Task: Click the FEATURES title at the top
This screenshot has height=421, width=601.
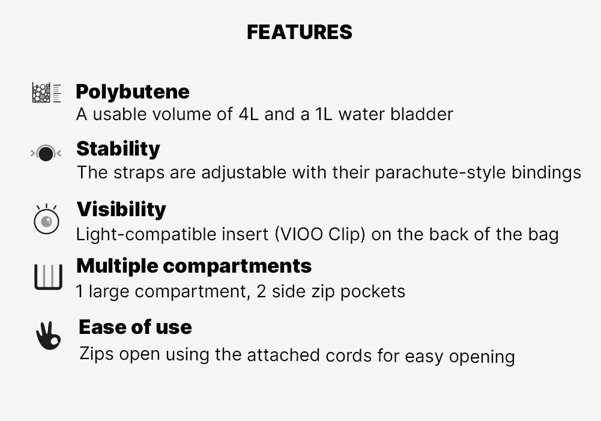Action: click(300, 32)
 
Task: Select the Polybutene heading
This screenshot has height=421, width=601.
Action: click(133, 92)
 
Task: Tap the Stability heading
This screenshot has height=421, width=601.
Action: click(118, 149)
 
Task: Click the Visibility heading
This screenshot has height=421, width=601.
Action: click(121, 210)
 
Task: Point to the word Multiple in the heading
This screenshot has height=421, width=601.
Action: click(117, 267)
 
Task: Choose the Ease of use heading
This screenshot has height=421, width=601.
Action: click(135, 327)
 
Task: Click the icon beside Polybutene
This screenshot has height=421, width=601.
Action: click(46, 92)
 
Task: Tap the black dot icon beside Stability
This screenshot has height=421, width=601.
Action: click(46, 153)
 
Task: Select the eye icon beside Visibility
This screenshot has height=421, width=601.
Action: click(46, 219)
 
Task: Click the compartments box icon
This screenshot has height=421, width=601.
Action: click(48, 277)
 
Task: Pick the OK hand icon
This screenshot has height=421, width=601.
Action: click(48, 336)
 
